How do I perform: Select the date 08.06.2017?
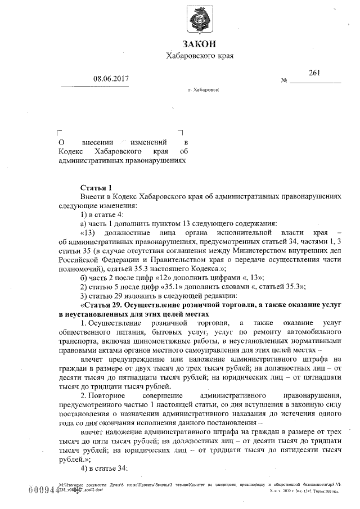point(111,79)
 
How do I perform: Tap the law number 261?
point(314,73)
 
